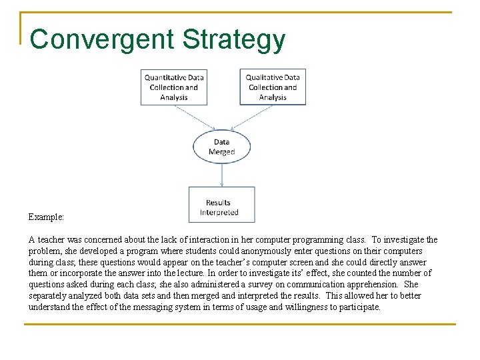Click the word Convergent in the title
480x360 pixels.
(103, 40)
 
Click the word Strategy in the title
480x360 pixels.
(234, 40)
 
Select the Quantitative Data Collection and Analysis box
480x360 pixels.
(173, 87)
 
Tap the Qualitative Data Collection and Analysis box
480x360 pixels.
(273, 87)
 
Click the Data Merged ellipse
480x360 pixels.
(221, 147)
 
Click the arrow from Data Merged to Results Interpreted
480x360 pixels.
(221, 175)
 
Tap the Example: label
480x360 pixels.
(45, 217)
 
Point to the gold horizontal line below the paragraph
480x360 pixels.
(240, 325)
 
